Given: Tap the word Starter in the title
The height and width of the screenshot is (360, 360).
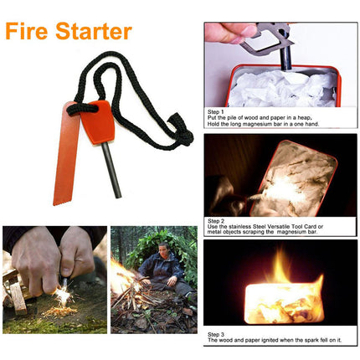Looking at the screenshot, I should (92, 31).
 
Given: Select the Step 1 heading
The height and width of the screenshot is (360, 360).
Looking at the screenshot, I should (216, 110).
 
